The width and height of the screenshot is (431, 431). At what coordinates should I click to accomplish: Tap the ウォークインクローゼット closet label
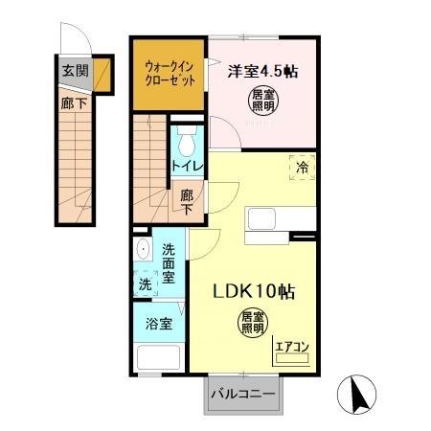169,72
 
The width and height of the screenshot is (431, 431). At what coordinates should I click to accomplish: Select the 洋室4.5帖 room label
260,70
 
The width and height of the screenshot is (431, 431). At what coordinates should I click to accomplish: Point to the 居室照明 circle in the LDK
251,323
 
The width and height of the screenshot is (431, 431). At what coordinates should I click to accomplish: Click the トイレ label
186,167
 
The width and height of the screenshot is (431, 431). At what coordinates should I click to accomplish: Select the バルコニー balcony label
243,394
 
